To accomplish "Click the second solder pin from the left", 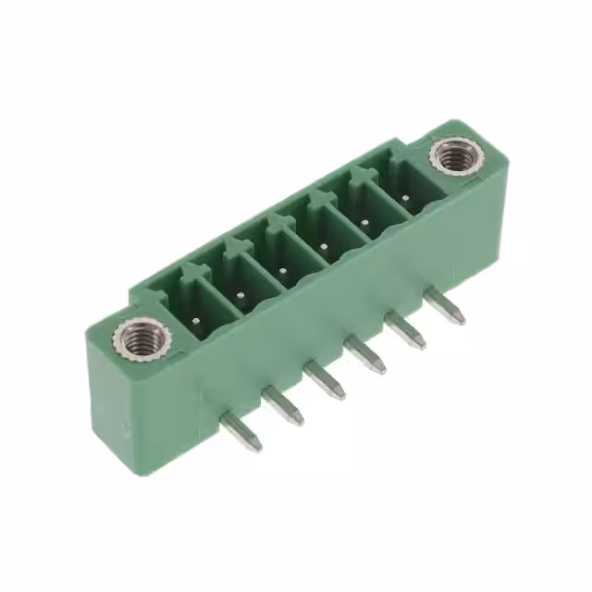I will tap(283, 405).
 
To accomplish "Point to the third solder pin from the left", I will tap(325, 380).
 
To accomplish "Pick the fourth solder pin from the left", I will tap(365, 355).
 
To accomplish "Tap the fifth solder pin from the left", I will tap(406, 331).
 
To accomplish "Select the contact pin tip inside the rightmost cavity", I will tap(406, 197).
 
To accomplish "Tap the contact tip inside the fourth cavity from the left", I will tap(325, 246).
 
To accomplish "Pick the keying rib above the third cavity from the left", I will tap(277, 220).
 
